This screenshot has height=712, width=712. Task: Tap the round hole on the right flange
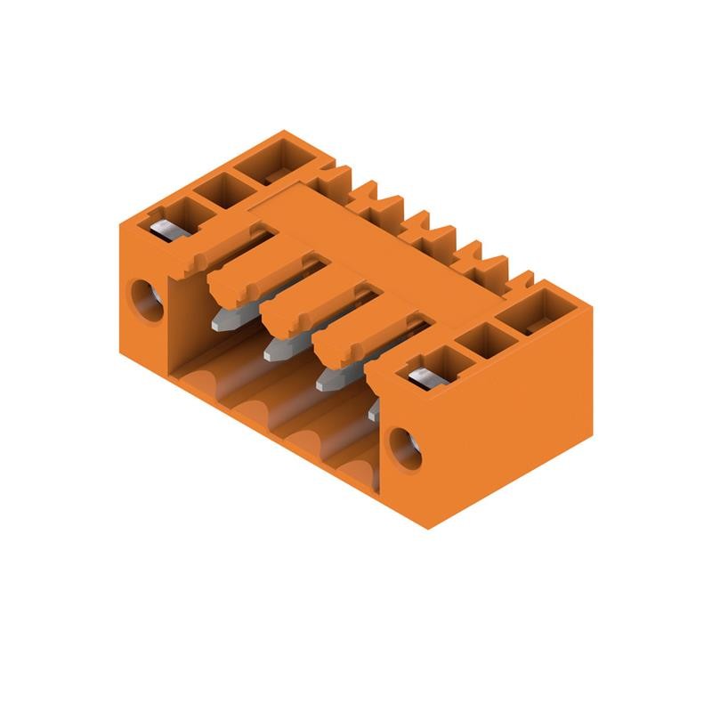point(404,448)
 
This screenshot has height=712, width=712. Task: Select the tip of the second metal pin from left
point(270,353)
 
